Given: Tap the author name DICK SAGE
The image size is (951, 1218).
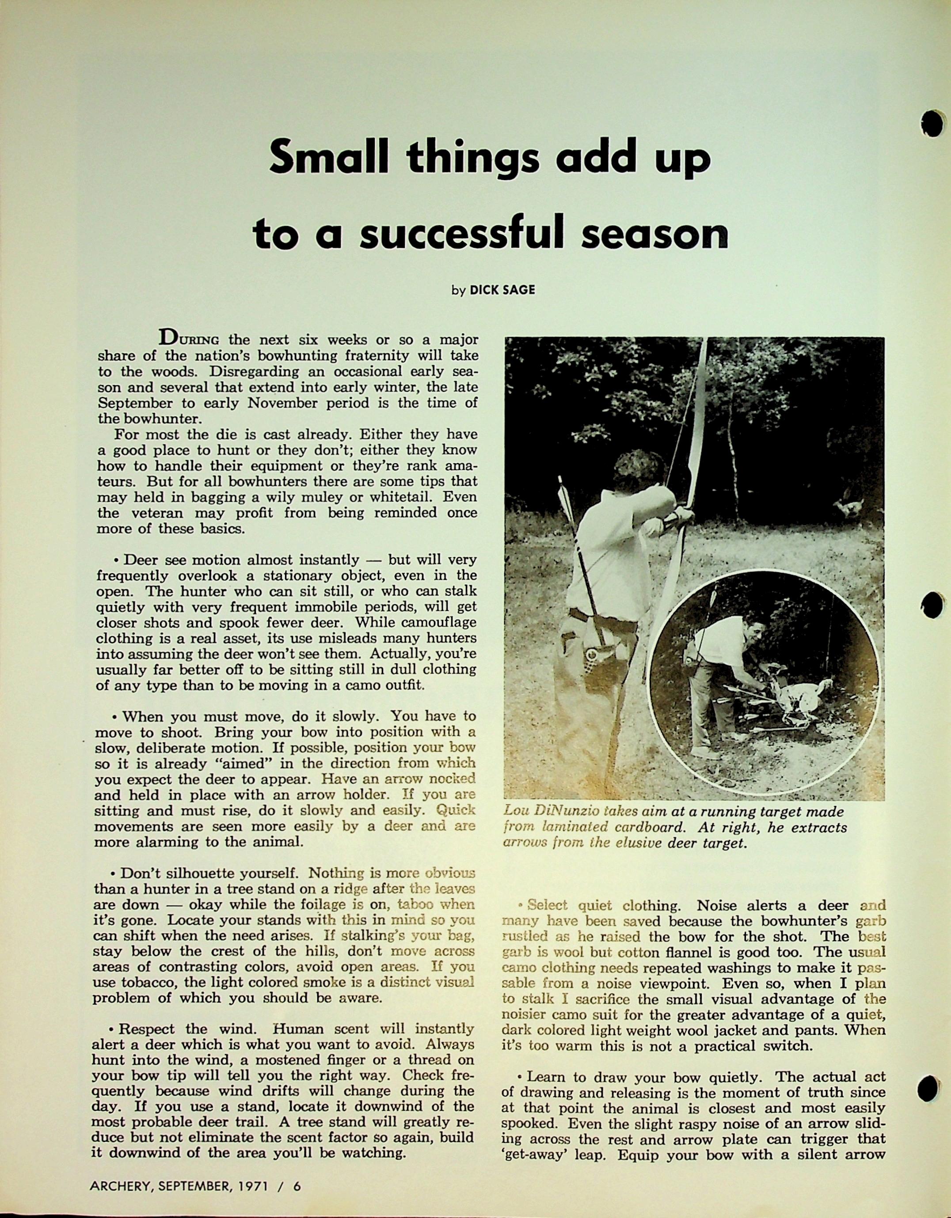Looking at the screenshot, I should click(502, 290).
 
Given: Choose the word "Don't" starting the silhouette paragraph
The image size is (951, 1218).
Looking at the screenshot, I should click(140, 873).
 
